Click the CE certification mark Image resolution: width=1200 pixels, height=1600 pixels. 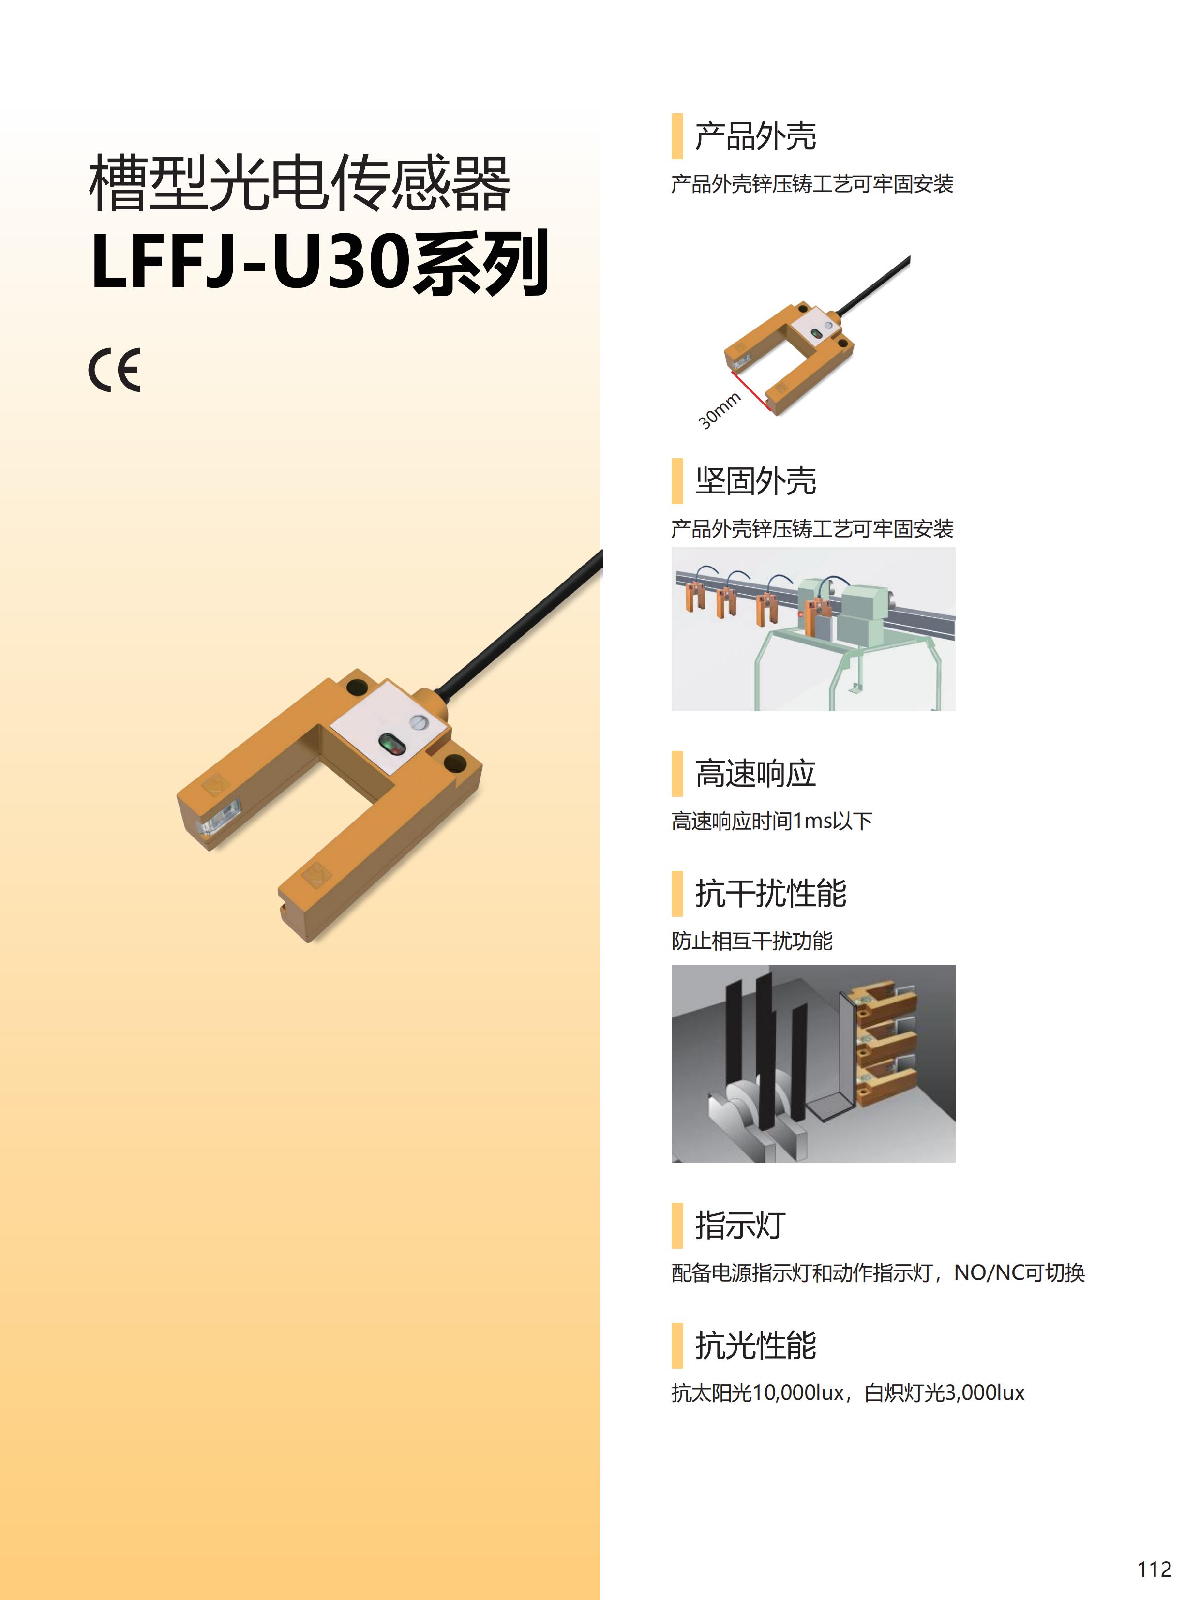[x=114, y=370]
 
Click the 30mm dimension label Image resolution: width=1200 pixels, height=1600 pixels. [x=719, y=410]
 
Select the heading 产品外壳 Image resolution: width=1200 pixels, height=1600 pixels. [x=755, y=136]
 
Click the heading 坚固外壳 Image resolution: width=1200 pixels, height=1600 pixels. [x=755, y=481]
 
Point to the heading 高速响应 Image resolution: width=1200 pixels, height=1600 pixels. [x=755, y=773]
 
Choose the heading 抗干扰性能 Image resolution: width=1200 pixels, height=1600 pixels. [x=770, y=893]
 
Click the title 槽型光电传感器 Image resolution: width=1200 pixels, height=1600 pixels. [x=300, y=183]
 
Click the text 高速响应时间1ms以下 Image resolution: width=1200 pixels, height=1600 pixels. [x=772, y=821]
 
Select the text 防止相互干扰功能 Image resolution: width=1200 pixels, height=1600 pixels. [x=751, y=941]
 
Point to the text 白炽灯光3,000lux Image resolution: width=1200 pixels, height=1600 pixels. [x=944, y=1393]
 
